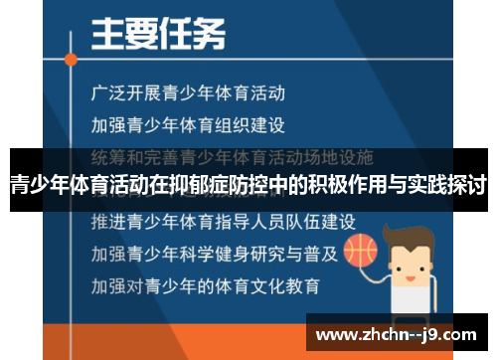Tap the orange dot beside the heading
(x=71, y=59)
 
